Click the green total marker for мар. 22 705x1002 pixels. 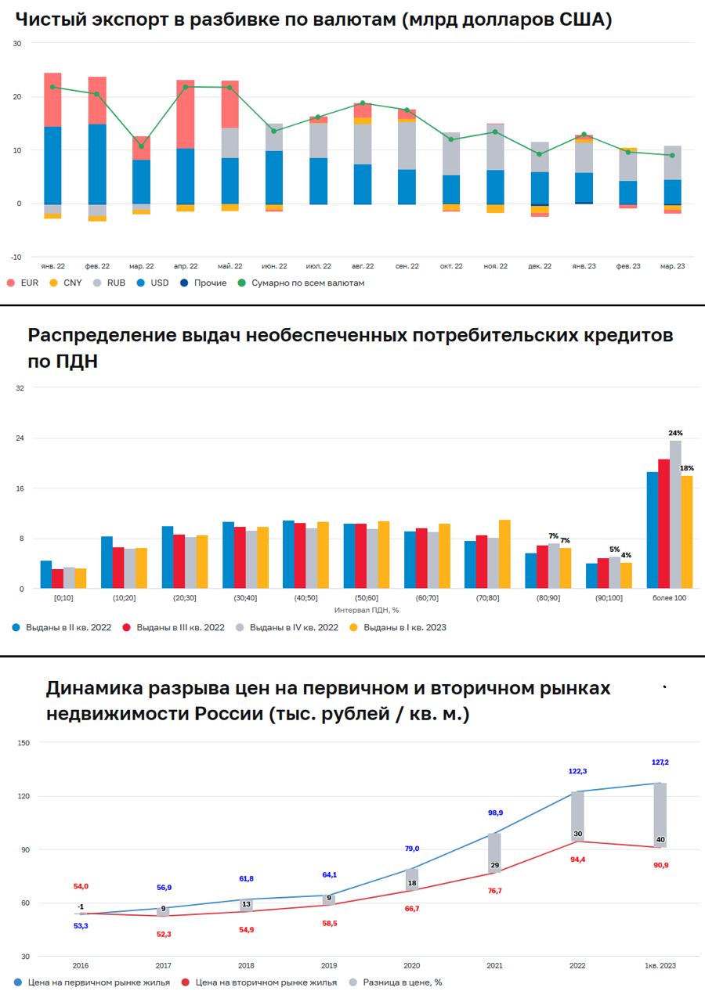142,146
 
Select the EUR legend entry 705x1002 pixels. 23,283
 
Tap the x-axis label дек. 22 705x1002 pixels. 540,266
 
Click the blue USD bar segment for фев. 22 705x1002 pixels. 98,164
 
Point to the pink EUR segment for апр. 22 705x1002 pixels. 186,114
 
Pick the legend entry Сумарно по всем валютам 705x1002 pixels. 302,283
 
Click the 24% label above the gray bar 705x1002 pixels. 675,433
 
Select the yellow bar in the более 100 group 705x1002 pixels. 687,532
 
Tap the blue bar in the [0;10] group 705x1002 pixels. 46,574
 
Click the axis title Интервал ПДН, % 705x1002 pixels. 367,609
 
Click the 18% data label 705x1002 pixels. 687,468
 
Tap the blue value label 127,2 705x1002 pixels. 660,762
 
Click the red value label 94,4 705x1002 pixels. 577,859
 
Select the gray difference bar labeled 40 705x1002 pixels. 660,815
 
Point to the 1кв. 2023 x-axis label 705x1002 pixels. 660,966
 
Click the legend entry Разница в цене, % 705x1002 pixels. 397,982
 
